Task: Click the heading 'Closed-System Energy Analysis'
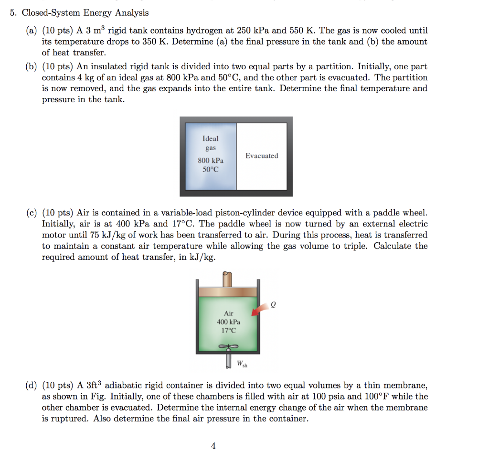pyautogui.click(x=85, y=13)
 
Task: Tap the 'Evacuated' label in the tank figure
pyautogui.click(x=261, y=156)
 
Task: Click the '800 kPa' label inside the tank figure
pyautogui.click(x=211, y=161)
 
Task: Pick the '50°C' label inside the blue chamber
pyautogui.click(x=211, y=170)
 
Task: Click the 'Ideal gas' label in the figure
pyautogui.click(x=211, y=143)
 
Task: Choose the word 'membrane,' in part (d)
pyautogui.click(x=406, y=385)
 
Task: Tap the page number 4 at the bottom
pyautogui.click(x=213, y=446)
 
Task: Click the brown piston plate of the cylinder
pyautogui.click(x=228, y=291)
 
